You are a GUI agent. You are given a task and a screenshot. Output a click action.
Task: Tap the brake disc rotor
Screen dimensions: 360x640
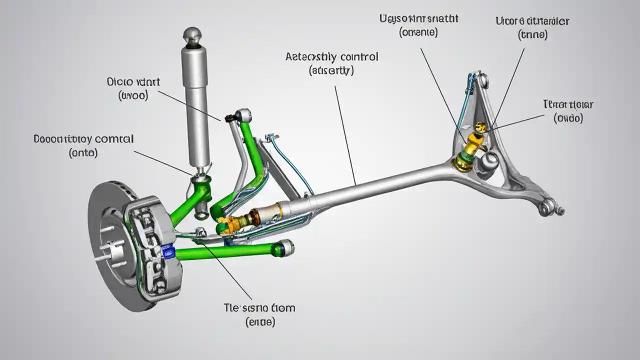[107, 245]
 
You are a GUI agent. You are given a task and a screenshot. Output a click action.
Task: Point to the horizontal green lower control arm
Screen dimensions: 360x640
[225, 252]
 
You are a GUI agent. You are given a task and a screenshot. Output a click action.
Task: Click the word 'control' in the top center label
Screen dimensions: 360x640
[357, 56]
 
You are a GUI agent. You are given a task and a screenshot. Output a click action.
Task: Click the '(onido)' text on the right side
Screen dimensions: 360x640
[568, 118]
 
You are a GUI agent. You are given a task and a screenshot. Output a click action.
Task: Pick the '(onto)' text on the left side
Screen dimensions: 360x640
[83, 152]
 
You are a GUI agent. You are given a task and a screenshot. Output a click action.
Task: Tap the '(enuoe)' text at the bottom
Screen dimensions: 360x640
[260, 322]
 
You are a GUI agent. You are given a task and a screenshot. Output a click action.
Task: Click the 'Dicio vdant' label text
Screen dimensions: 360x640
[133, 81]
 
